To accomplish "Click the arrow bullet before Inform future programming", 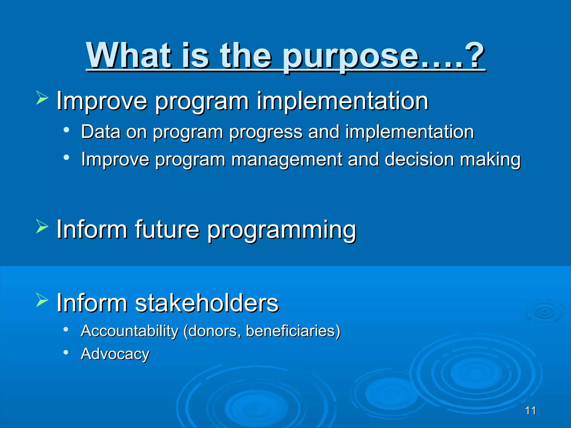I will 42,226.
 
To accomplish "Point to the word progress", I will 265,132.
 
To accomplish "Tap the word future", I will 167,229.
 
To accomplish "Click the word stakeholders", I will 207,303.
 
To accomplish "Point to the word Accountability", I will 129,331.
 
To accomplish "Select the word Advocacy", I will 115,354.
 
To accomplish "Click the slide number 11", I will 530,411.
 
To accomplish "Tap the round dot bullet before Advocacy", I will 66,352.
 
